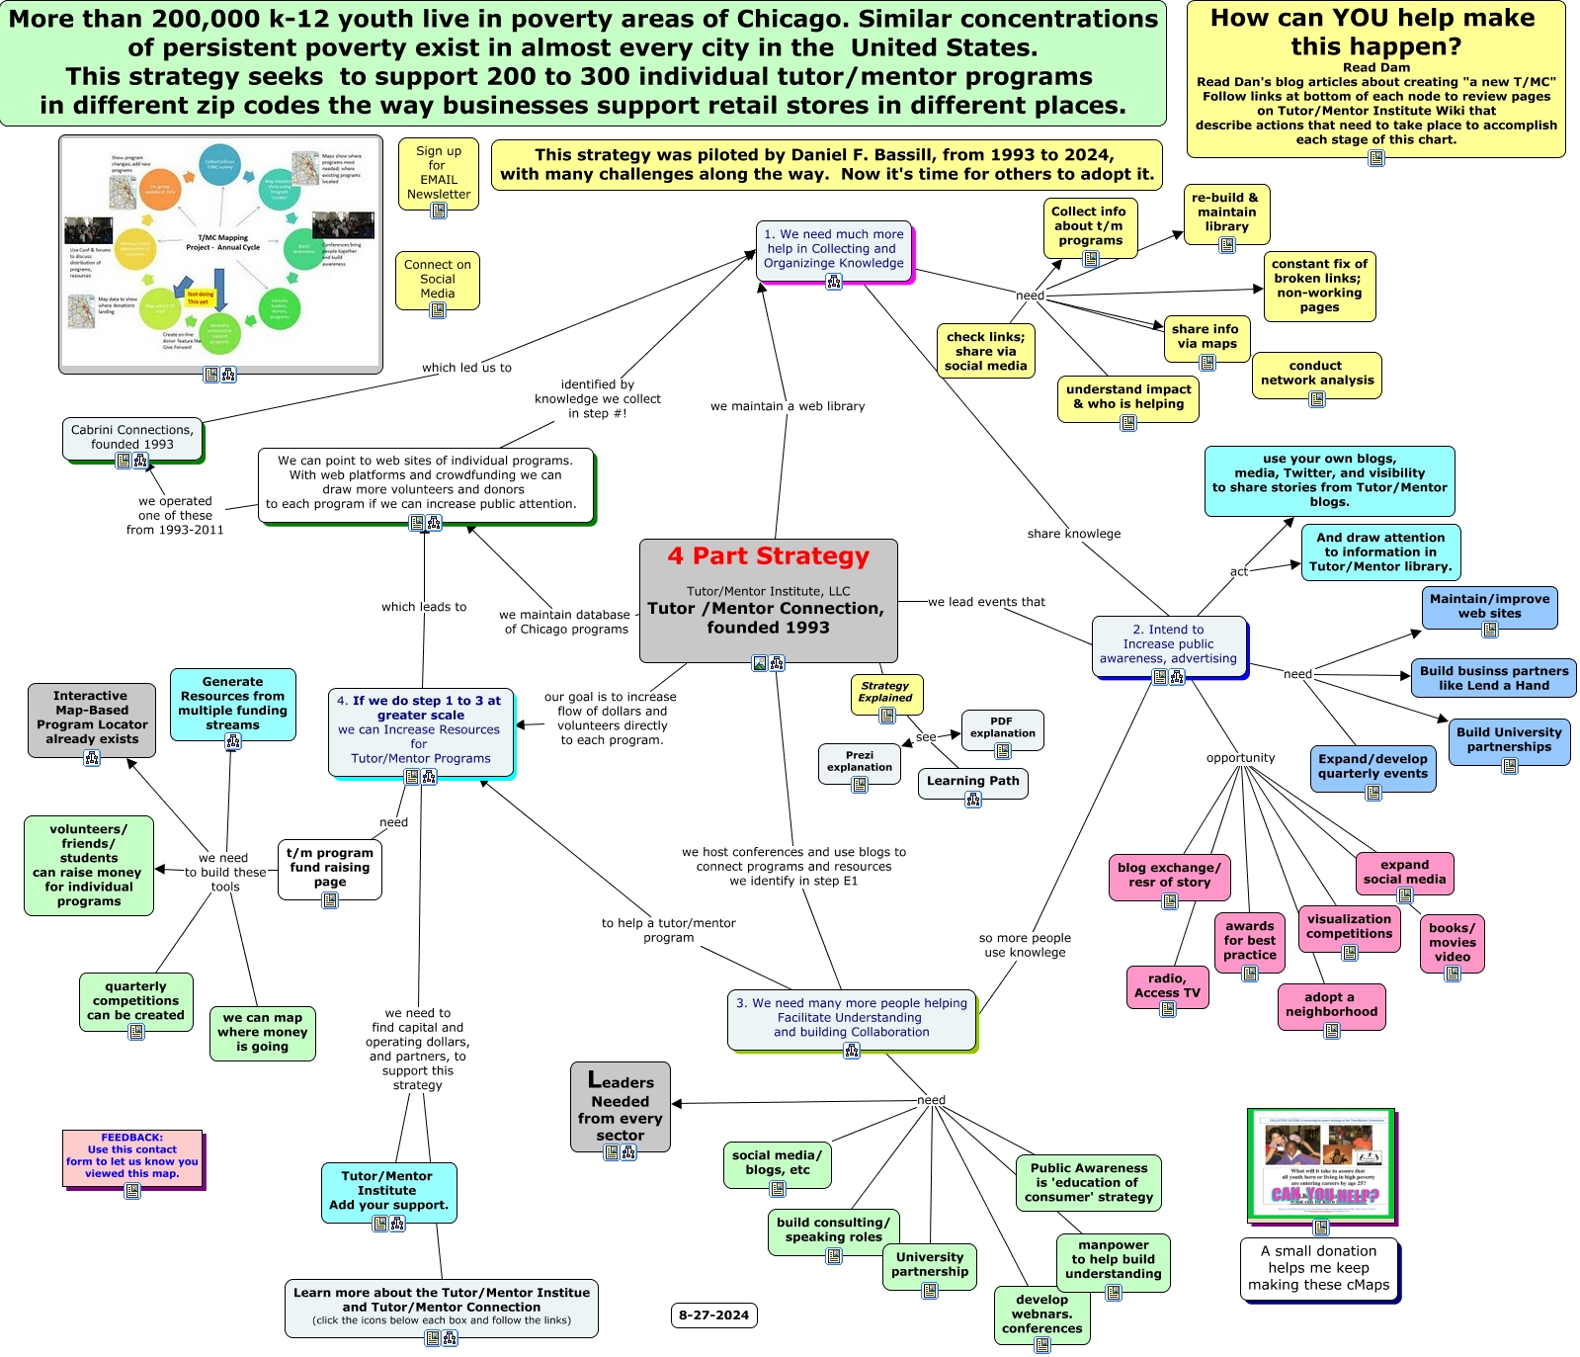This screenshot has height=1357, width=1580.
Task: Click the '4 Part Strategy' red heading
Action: pos(768,556)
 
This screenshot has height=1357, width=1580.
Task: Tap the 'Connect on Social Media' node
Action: pos(437,279)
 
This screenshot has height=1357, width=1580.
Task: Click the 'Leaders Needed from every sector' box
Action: pos(621,1106)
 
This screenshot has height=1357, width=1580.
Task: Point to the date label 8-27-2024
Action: pos(713,1315)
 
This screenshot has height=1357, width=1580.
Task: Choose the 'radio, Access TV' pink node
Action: pos(1167,984)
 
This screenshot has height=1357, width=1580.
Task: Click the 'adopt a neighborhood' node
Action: pos(1331,1004)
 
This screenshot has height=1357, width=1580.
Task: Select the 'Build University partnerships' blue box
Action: pos(1509,739)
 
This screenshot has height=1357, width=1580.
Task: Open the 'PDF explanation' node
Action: pos(1002,727)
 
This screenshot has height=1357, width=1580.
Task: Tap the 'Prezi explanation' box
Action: pos(859,761)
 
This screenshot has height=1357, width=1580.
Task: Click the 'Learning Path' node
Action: pos(972,781)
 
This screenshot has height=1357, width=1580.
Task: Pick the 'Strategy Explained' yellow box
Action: pos(884,691)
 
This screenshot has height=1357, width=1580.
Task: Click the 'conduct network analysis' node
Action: pos(1316,373)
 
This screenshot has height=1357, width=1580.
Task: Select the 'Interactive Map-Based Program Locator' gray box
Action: pos(91,718)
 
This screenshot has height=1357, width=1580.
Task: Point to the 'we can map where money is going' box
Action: pos(262,1032)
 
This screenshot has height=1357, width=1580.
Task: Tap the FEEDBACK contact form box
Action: pos(132,1155)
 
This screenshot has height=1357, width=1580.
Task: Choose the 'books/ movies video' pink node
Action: pos(1452,942)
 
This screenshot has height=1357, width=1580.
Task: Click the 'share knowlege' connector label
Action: pos(1073,534)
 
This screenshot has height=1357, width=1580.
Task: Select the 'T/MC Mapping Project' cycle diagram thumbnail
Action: pos(220,253)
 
